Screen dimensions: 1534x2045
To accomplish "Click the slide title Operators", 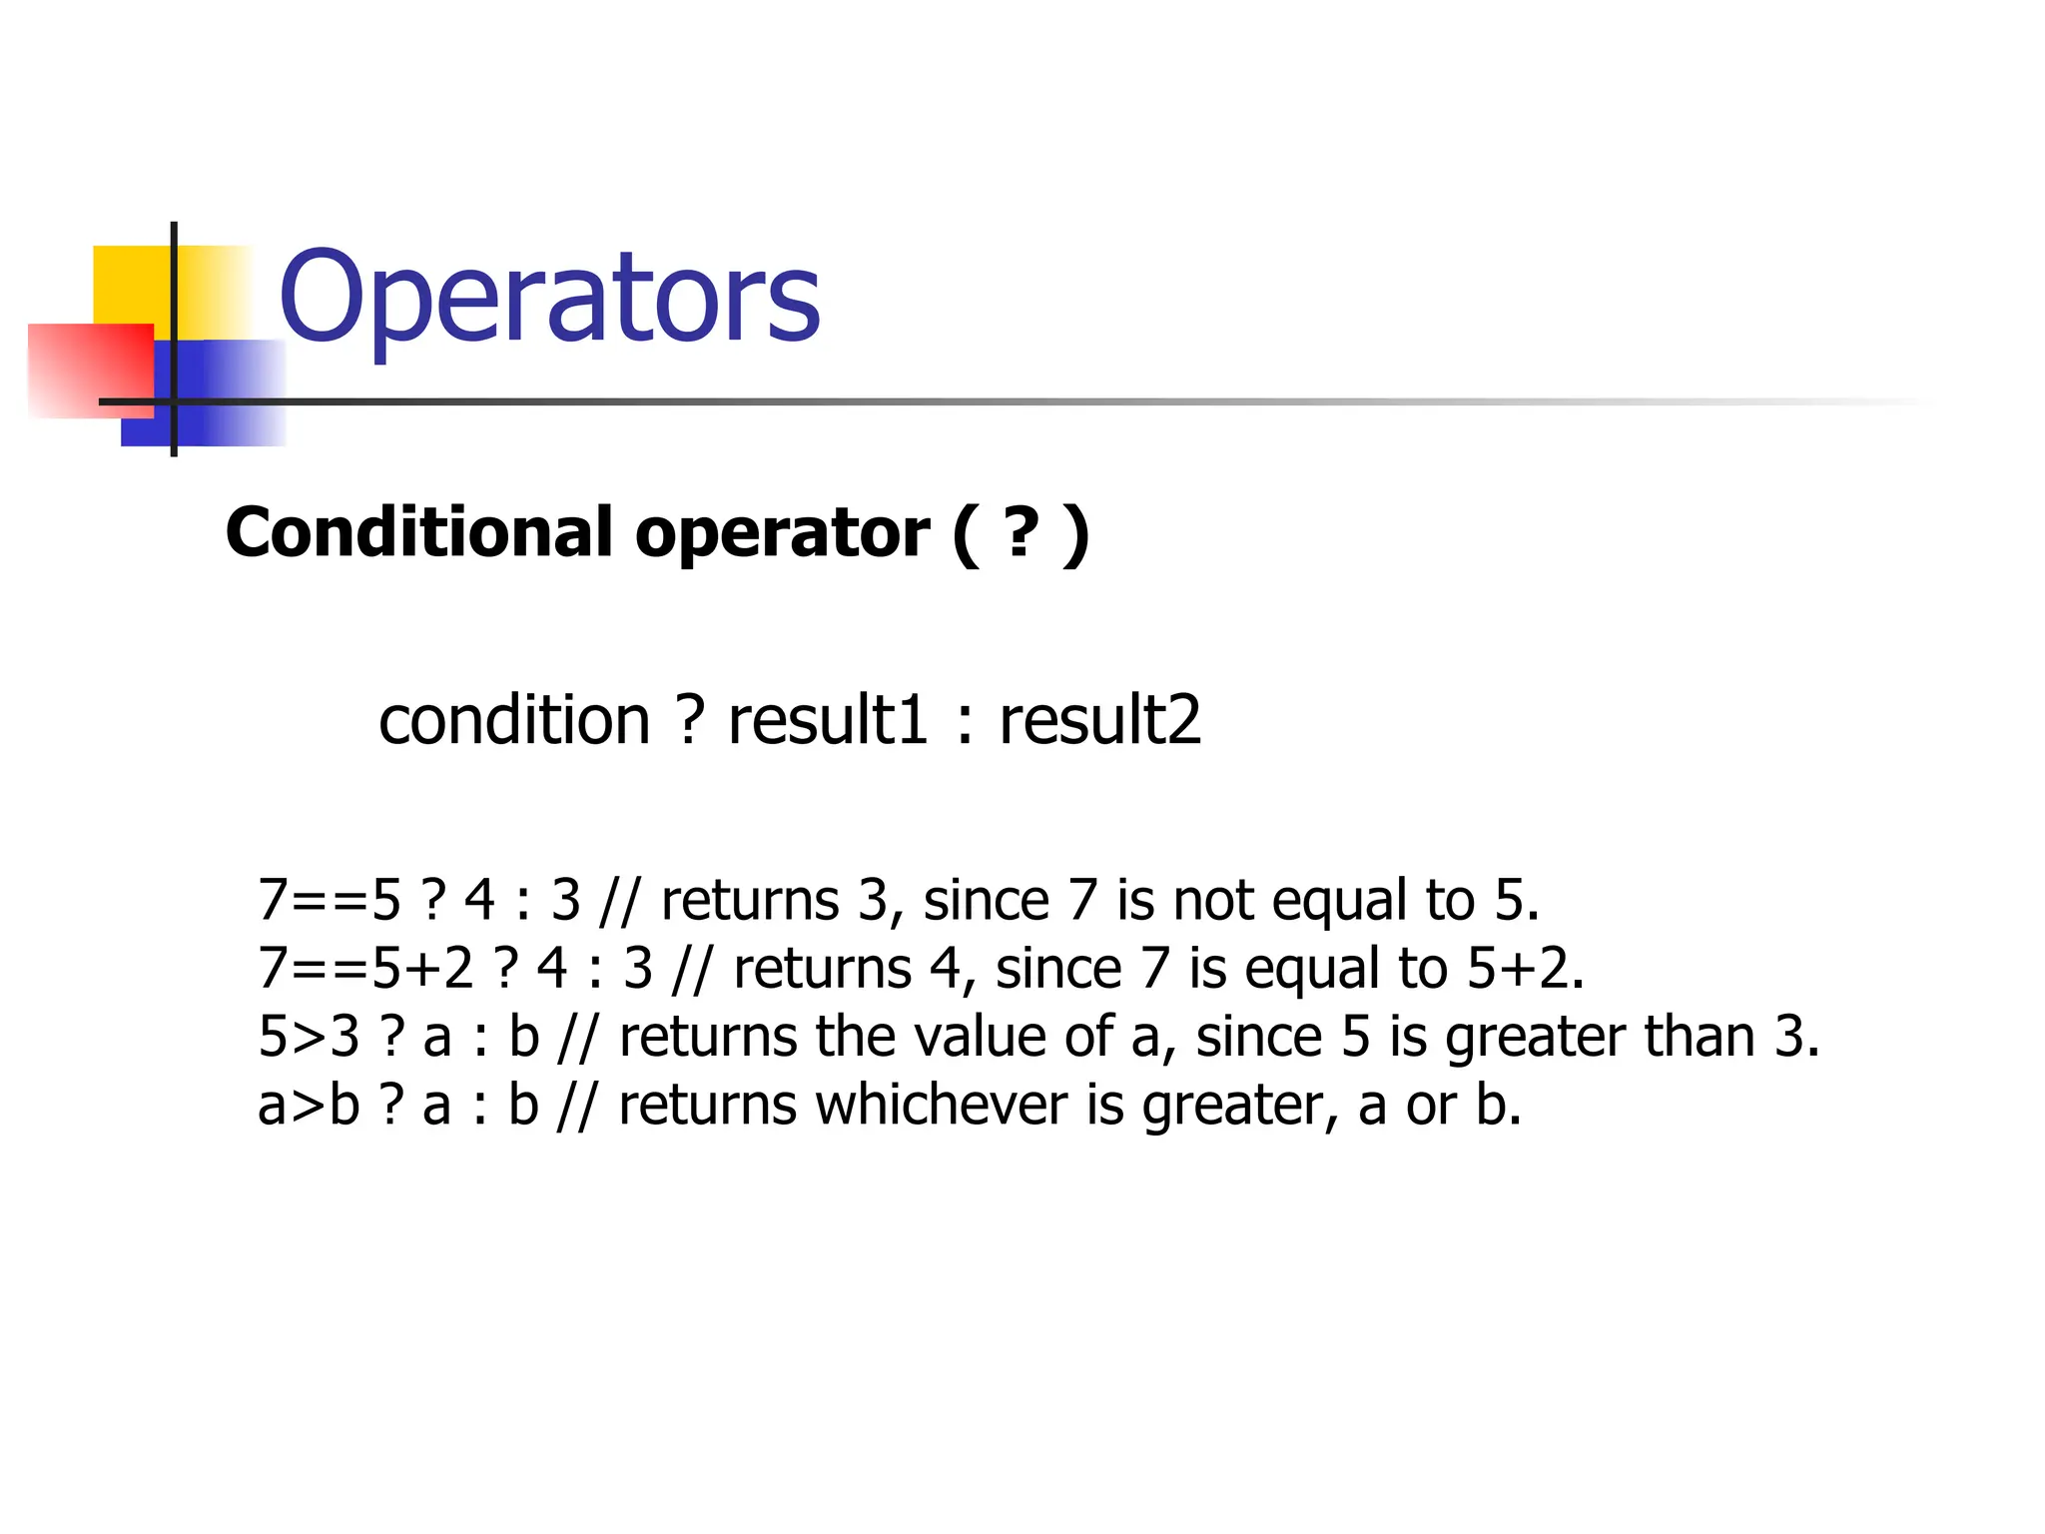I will click(549, 298).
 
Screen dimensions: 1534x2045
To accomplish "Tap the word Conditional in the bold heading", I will click(419, 532).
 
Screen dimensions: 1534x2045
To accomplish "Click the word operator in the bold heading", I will click(782, 534).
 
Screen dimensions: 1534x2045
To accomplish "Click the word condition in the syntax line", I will click(514, 720).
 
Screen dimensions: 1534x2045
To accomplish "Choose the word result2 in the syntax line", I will click(1099, 720).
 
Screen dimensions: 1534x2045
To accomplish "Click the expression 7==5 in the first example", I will click(330, 900).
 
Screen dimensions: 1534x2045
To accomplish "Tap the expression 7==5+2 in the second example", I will click(365, 968).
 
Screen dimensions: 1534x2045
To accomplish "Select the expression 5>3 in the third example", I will click(309, 1037).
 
